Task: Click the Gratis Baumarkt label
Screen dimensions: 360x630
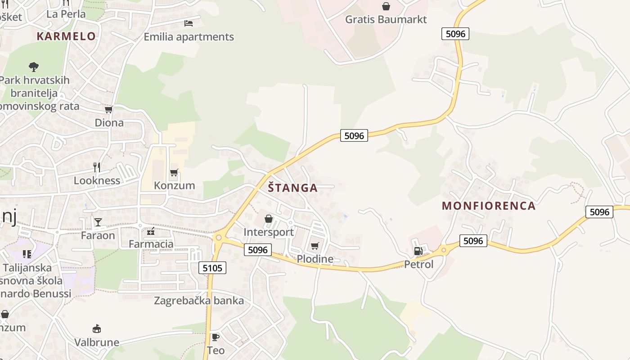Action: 386,19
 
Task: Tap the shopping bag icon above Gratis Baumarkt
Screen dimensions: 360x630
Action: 386,6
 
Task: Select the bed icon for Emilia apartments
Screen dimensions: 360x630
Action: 189,23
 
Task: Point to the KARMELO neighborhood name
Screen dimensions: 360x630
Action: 66,36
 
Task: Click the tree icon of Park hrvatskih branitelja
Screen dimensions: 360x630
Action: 34,67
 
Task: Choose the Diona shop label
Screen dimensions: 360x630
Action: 109,122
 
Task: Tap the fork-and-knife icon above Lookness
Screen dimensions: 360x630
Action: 97,167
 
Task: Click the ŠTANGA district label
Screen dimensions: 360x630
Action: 293,188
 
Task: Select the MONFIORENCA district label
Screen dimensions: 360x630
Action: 489,206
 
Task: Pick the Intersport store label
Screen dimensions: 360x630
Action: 268,232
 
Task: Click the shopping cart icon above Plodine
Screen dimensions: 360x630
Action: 315,246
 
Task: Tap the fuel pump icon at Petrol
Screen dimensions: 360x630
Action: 418,251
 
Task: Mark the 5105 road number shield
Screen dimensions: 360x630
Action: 212,268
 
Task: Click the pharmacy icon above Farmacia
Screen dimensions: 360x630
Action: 151,231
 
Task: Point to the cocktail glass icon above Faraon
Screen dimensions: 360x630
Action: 98,222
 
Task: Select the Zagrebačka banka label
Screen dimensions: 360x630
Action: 199,301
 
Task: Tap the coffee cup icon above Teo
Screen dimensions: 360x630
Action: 216,337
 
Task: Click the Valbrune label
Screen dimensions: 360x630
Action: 97,342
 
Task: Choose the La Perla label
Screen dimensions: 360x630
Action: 66,14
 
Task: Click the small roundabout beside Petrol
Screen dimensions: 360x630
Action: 444,249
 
